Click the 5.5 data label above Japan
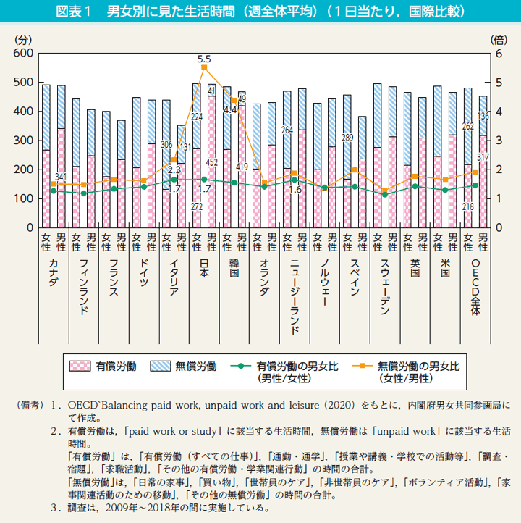tap(203, 59)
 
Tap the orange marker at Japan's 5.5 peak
tap(204, 68)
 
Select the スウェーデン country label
tap(384, 291)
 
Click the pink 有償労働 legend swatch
tap(80, 366)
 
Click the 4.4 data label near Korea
tap(231, 110)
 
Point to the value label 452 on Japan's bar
tap(212, 162)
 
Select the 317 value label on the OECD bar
tap(483, 158)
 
